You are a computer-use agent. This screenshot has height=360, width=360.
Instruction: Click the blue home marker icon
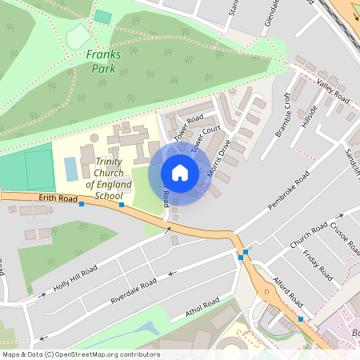click(180, 172)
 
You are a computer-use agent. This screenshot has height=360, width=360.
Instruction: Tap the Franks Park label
click(102, 62)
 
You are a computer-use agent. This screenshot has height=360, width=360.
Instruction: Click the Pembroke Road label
click(288, 190)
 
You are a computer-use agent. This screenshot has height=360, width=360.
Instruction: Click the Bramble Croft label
click(283, 114)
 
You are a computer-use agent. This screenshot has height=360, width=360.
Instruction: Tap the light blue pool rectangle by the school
click(71, 168)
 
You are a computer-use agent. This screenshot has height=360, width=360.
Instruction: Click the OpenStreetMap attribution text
click(80, 354)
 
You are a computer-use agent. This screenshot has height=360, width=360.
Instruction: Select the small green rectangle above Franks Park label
click(102, 17)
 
